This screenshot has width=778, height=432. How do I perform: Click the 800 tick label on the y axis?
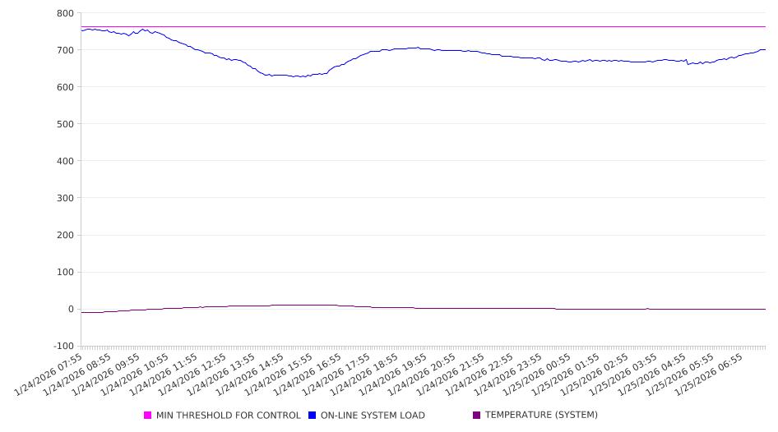click(x=64, y=13)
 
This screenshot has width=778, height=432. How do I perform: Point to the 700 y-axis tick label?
click(x=64, y=50)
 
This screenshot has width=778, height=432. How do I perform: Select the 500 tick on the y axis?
click(x=64, y=124)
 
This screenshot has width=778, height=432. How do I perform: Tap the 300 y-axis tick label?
click(x=64, y=198)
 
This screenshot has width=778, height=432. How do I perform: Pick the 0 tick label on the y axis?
click(x=70, y=309)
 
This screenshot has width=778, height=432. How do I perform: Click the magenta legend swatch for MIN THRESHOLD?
click(x=148, y=416)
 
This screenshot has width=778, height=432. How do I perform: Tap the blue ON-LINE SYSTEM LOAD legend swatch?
click(x=313, y=416)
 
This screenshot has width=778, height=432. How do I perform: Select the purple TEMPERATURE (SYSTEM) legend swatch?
click(x=477, y=416)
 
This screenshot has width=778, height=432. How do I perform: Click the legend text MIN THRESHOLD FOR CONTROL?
click(x=228, y=416)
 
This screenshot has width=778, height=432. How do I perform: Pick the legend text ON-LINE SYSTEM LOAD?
click(x=373, y=416)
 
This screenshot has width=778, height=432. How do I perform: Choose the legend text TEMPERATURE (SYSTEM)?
click(x=541, y=416)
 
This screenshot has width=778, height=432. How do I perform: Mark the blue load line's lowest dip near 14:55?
click(x=300, y=77)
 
